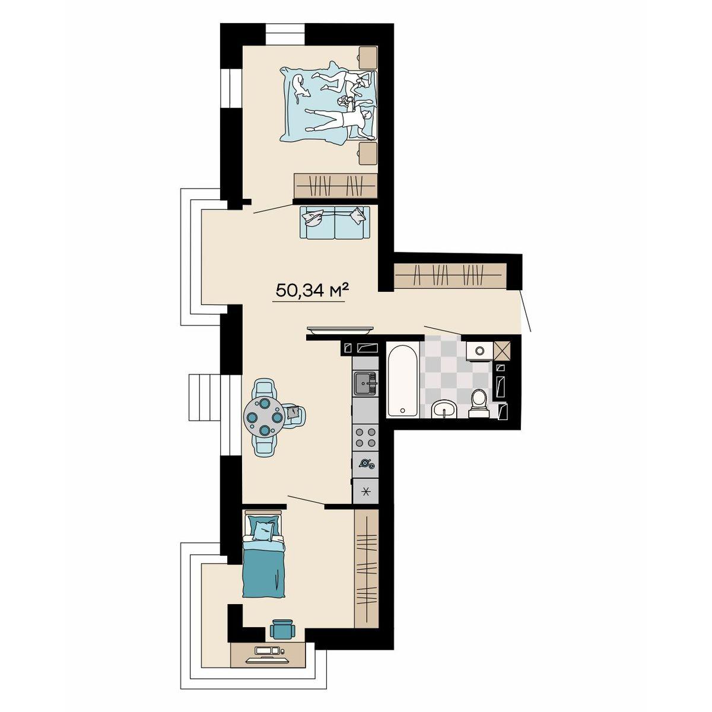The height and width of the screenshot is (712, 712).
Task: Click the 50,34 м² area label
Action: pyautogui.click(x=312, y=291)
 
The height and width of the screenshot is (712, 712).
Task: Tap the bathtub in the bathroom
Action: pyautogui.click(x=403, y=380)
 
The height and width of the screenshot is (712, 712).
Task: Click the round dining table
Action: pyautogui.click(x=263, y=417)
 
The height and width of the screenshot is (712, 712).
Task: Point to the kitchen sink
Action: pyautogui.click(x=365, y=383)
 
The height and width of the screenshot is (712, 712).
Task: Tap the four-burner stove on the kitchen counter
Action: pyautogui.click(x=365, y=437)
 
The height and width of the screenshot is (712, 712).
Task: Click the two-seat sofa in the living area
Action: pyautogui.click(x=335, y=222)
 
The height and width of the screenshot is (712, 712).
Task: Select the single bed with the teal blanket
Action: pyautogui.click(x=264, y=559)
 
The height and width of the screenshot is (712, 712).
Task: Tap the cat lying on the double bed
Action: pyautogui.click(x=300, y=88)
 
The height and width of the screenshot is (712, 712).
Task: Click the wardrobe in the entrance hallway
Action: pyautogui.click(x=450, y=276)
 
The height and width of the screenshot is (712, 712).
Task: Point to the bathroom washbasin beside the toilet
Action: pyautogui.click(x=444, y=409)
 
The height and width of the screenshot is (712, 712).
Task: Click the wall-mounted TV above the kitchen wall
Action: pyautogui.click(x=340, y=329)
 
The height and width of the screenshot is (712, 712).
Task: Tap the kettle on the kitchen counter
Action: pyautogui.click(x=365, y=463)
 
